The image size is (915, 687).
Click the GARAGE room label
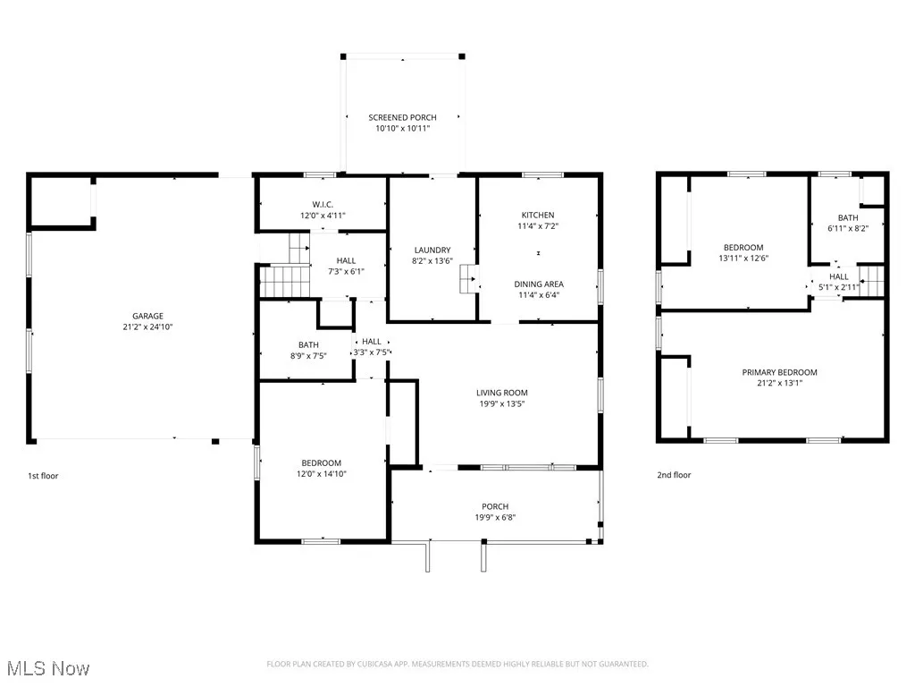[147, 316]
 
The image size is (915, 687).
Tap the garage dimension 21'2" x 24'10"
[147, 327]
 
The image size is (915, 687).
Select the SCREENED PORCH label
[402, 117]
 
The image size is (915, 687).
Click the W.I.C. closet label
[323, 204]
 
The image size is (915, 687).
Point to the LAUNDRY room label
[432, 250]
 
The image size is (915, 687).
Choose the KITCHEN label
[538, 215]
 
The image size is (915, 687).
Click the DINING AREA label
[538, 284]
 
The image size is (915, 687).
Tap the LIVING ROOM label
[501, 392]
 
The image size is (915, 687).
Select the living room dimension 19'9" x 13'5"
[501, 403]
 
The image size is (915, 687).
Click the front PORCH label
[495, 505]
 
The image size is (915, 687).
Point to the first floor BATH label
[308, 344]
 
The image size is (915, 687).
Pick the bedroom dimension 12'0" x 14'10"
[322, 474]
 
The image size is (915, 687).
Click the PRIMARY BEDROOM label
[779, 372]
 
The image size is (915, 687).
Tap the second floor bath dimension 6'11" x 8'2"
[847, 228]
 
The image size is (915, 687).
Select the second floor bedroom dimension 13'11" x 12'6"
[743, 259]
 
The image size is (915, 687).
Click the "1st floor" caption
[43, 476]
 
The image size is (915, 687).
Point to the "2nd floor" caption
[674, 476]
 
